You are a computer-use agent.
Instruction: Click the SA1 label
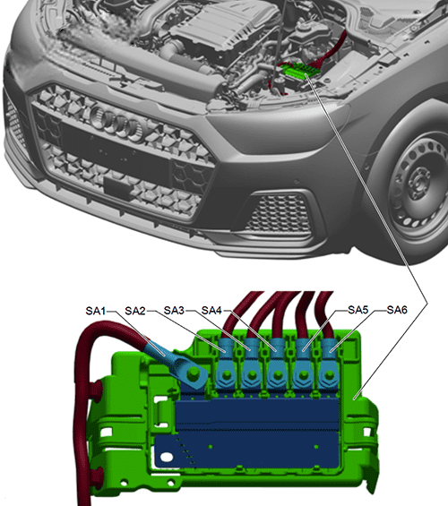point(96,311)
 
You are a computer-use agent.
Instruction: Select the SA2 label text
point(135,311)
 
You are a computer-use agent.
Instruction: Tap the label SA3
point(176,311)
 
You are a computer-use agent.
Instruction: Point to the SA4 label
point(212,311)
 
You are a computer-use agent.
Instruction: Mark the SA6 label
point(396,311)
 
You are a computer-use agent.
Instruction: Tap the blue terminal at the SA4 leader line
point(280,355)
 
